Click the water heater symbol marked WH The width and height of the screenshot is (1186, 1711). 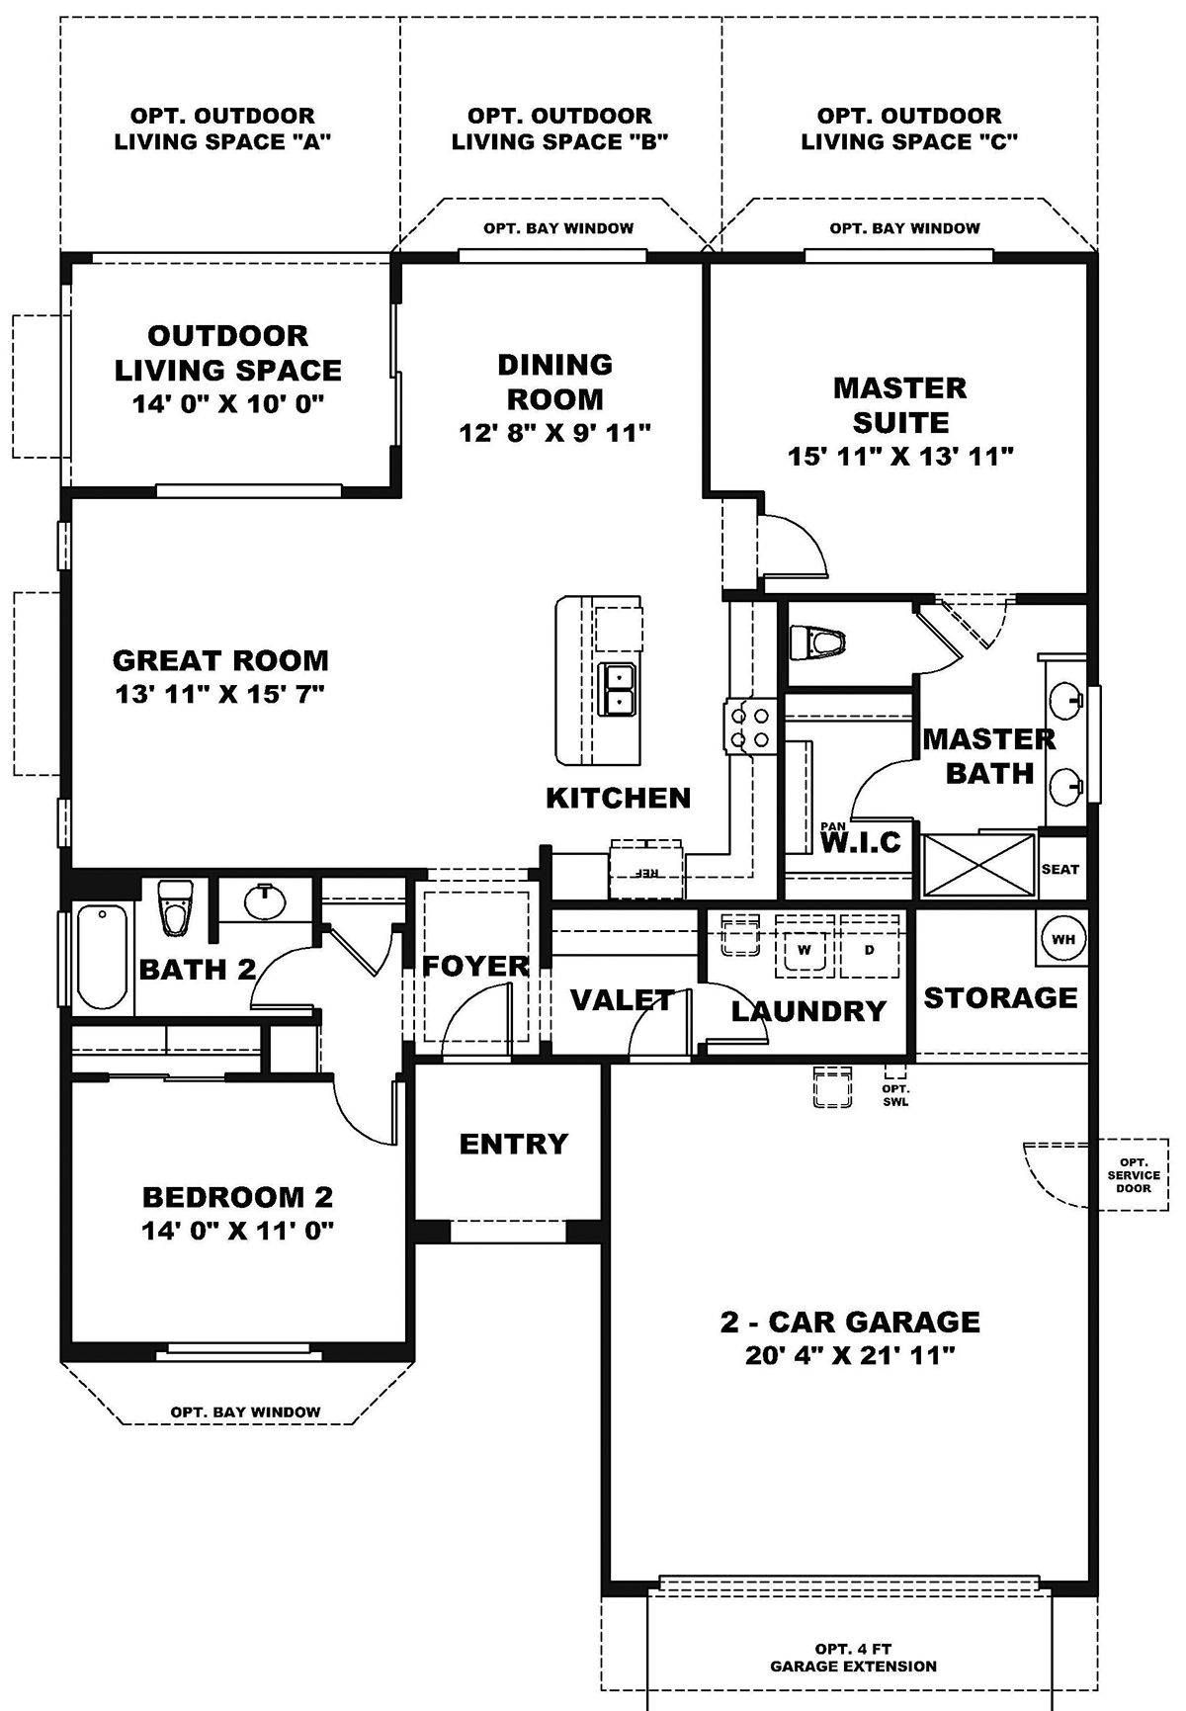pyautogui.click(x=1062, y=939)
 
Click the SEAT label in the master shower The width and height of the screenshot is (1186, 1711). pyautogui.click(x=1060, y=869)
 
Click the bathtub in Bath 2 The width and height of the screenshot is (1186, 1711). pyautogui.click(x=102, y=956)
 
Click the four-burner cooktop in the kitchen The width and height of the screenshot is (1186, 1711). pyautogui.click(x=748, y=727)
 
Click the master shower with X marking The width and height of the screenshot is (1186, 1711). pyautogui.click(x=978, y=866)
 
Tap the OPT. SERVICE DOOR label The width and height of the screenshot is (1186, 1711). pyautogui.click(x=1133, y=1174)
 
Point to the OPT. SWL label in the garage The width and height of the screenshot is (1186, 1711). pyautogui.click(x=895, y=1094)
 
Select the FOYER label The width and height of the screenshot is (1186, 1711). pyautogui.click(x=475, y=966)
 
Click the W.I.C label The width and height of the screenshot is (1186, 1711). pyautogui.click(x=862, y=842)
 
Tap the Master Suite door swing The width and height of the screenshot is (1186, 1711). pyautogui.click(x=791, y=544)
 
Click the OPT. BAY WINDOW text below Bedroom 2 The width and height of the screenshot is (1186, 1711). pyautogui.click(x=245, y=1412)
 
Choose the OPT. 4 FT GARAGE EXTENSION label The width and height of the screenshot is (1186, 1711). pyautogui.click(x=854, y=1658)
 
